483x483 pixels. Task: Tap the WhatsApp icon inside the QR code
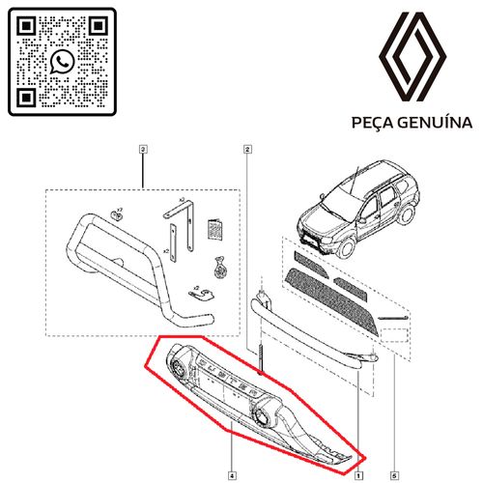pyautogui.click(x=62, y=62)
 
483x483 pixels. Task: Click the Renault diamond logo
pyautogui.click(x=412, y=56)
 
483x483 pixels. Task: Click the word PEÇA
pyautogui.click(x=372, y=123)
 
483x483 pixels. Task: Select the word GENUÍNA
pyautogui.click(x=435, y=123)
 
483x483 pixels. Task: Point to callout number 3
pyautogui.click(x=143, y=149)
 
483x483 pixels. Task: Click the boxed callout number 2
pyautogui.click(x=247, y=149)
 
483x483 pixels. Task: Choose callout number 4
pyautogui.click(x=232, y=475)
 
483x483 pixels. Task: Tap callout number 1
pyautogui.click(x=358, y=475)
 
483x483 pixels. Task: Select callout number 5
pyautogui.click(x=394, y=475)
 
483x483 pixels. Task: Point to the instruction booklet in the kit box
pyautogui.click(x=215, y=229)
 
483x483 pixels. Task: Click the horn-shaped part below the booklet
pyautogui.click(x=220, y=267)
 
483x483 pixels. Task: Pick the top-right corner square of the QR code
pyautogui.click(x=98, y=26)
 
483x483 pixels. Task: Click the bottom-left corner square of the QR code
pyautogui.click(x=26, y=98)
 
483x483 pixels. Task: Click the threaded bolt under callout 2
pyautogui.click(x=261, y=359)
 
